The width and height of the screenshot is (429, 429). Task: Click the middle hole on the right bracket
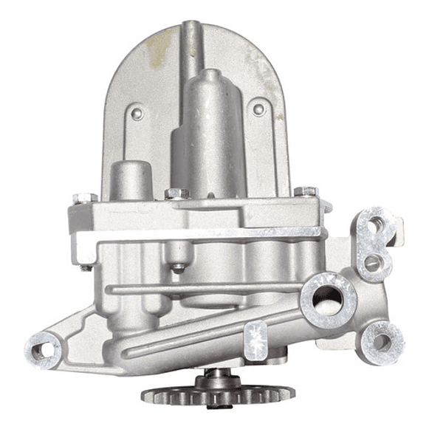[371, 261]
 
